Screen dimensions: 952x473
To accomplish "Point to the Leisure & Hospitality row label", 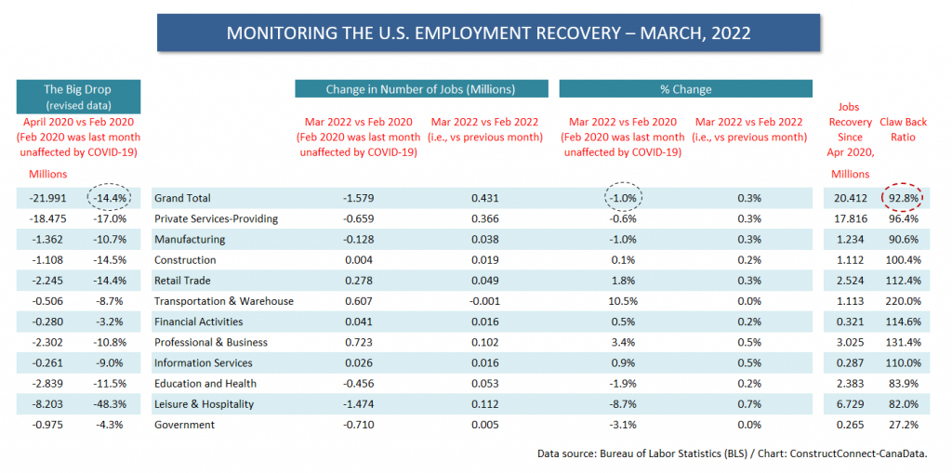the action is click(x=204, y=404).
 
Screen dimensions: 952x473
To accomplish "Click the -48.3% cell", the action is click(x=110, y=404).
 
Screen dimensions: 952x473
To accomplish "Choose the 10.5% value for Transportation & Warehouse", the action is click(x=622, y=301).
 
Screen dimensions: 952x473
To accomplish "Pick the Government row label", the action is click(x=185, y=425).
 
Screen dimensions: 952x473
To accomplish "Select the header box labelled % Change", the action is click(x=685, y=89).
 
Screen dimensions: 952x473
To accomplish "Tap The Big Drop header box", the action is click(x=78, y=97).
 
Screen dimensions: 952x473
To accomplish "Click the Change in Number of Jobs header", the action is click(x=421, y=89).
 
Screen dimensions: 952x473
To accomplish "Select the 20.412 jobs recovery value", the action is click(x=850, y=198).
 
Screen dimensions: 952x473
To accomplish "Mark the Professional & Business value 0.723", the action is click(x=359, y=343).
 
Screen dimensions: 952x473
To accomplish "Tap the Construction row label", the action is click(x=186, y=260).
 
